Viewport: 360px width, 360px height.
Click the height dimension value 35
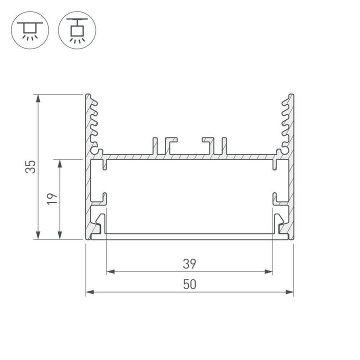click(x=31, y=166)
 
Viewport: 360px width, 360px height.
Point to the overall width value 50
click(x=189, y=284)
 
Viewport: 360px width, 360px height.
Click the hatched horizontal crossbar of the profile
click(x=189, y=156)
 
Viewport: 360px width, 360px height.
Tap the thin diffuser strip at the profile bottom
click(x=189, y=236)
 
